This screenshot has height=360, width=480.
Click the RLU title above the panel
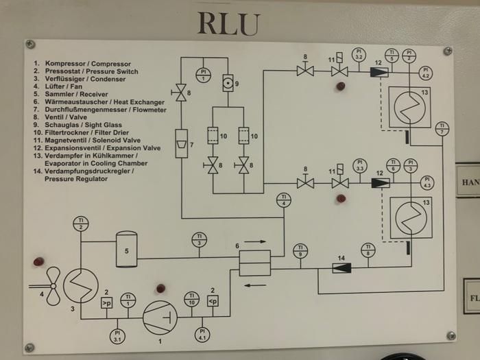[229, 23]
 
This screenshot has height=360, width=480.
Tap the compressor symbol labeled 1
[160, 317]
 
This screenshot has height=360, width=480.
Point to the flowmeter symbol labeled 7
[181, 143]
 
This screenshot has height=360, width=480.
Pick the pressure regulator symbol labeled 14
[341, 267]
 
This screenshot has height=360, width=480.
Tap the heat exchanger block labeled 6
[254, 263]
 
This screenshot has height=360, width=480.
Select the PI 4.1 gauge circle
[202, 334]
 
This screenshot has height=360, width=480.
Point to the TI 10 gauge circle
[192, 299]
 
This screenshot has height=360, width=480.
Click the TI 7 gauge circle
[443, 128]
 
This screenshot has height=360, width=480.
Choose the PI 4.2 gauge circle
[425, 72]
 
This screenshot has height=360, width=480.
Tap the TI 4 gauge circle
[284, 200]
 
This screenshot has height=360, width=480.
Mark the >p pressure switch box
[107, 302]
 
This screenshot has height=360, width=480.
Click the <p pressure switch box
[213, 301]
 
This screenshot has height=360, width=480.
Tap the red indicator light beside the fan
[38, 262]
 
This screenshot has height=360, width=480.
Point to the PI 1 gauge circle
[204, 73]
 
